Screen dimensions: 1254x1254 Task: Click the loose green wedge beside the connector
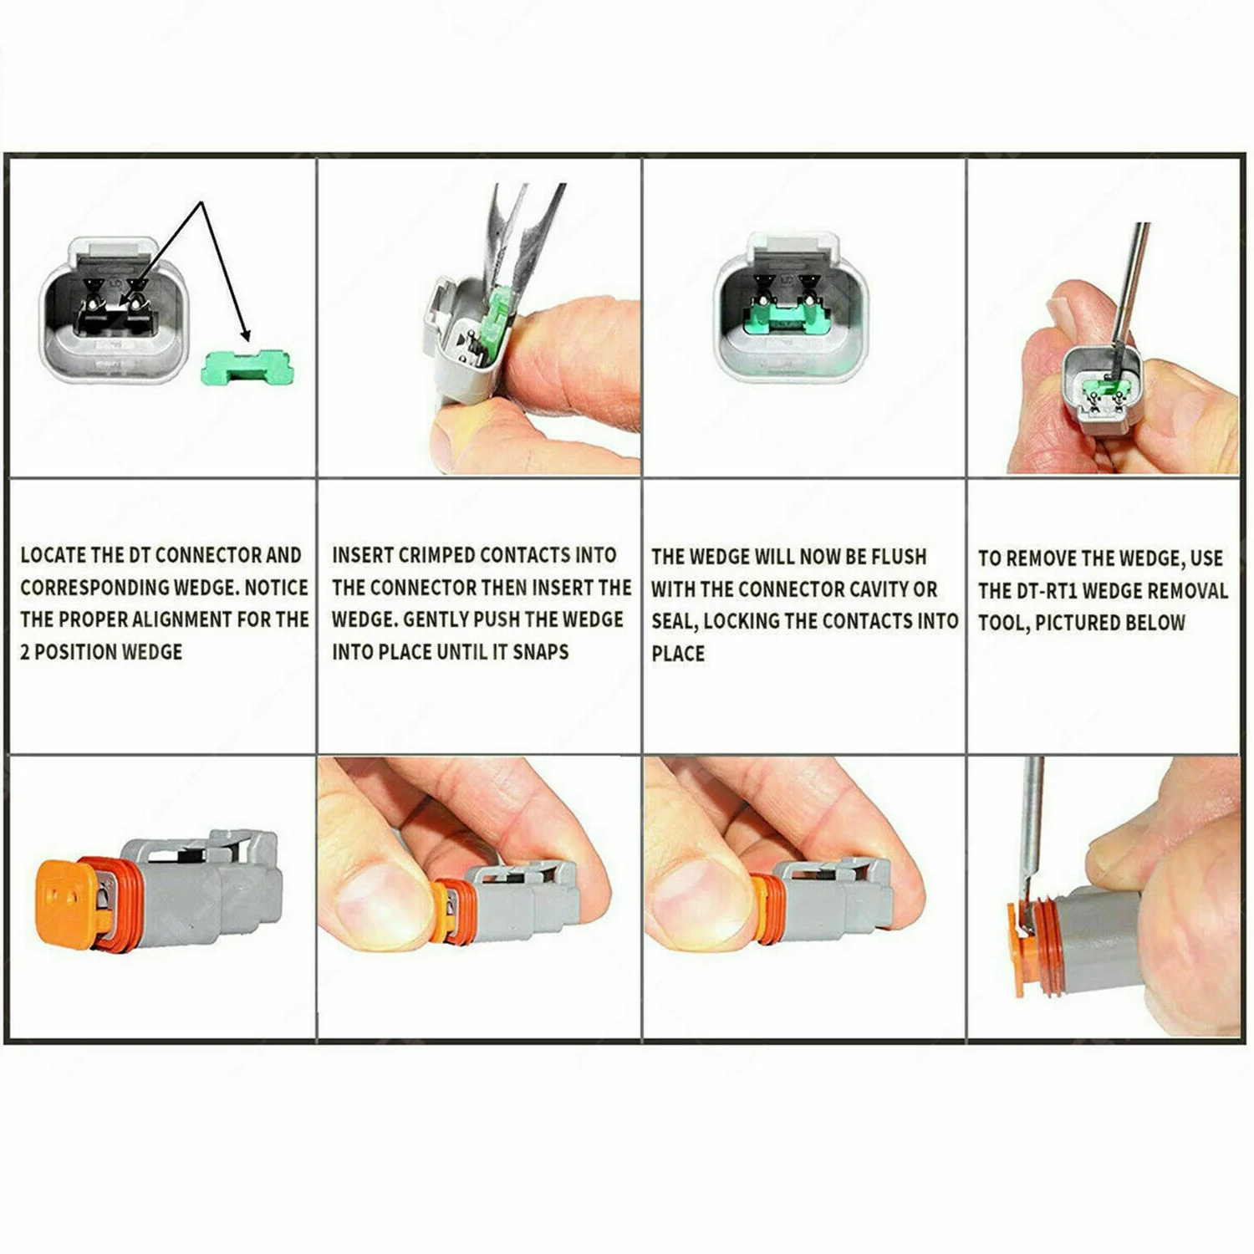(x=248, y=367)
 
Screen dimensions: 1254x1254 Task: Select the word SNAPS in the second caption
(x=540, y=651)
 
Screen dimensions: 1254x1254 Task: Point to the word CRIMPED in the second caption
(x=437, y=555)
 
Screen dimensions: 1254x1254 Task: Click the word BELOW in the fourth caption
(x=1155, y=623)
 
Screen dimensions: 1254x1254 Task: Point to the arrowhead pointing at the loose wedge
(x=244, y=334)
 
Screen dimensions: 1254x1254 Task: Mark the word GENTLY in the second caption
(x=436, y=619)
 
